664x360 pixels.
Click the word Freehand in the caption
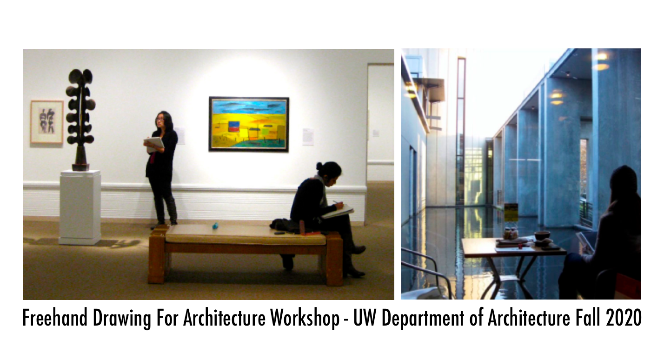point(55,318)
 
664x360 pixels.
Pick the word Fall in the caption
point(588,318)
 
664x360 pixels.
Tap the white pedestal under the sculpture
point(80,207)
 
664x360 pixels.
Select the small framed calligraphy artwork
point(47,122)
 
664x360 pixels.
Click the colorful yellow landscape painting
point(249,124)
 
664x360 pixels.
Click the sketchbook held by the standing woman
point(155,144)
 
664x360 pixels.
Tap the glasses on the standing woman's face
point(159,119)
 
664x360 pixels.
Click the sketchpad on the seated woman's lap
point(338,211)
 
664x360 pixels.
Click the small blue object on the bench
point(215,226)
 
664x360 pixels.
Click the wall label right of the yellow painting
point(308,136)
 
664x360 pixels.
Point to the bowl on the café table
point(542,235)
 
